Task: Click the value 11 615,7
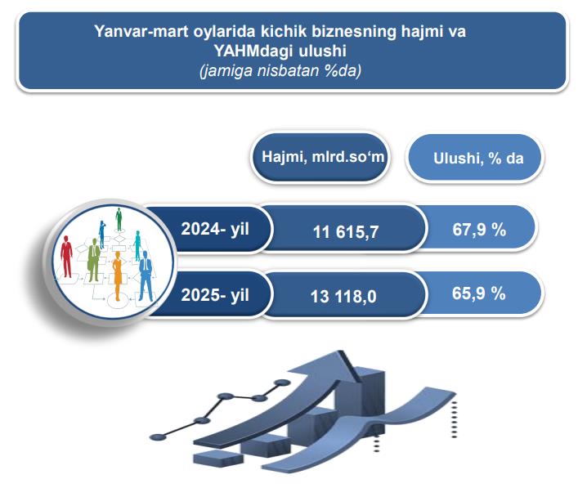click(x=346, y=232)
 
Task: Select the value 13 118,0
click(x=343, y=297)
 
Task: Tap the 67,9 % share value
click(x=479, y=230)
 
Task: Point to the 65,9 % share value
click(x=479, y=293)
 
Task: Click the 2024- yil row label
click(x=215, y=229)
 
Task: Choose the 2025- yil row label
click(x=215, y=295)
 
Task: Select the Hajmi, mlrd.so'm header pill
click(x=320, y=158)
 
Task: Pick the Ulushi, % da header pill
click(x=475, y=158)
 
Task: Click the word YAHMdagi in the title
click(x=254, y=51)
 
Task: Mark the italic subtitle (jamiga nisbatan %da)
click(x=280, y=70)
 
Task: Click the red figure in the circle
click(x=66, y=257)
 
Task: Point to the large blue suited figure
click(x=146, y=275)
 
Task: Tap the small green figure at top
click(x=119, y=219)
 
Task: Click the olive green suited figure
click(x=94, y=260)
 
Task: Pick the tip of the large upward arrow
click(x=343, y=351)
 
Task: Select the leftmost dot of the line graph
click(x=158, y=437)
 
